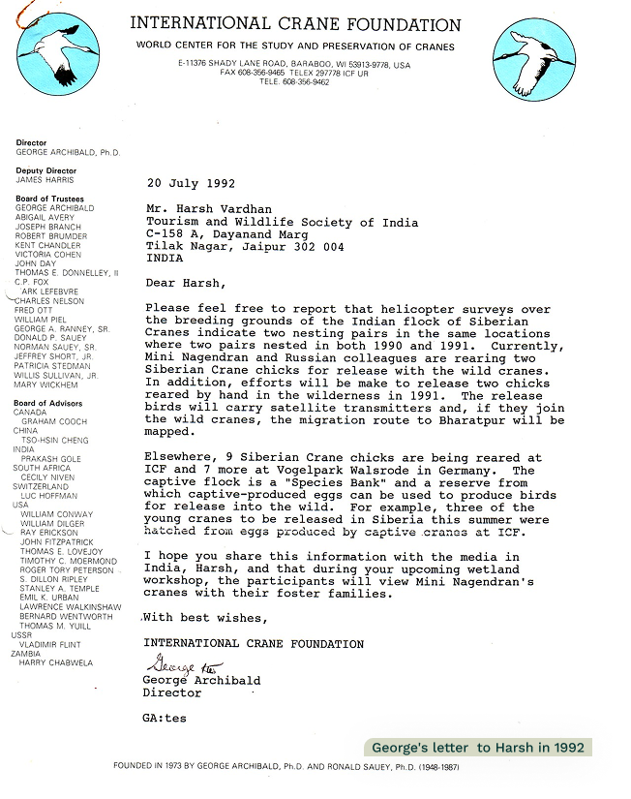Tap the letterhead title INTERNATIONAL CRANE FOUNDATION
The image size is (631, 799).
294,25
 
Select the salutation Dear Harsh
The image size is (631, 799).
184,283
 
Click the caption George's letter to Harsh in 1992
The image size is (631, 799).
478,748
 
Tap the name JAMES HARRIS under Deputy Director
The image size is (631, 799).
45,180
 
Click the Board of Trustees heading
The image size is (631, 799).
49,199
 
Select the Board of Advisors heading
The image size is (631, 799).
47,403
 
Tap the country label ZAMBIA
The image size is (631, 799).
27,654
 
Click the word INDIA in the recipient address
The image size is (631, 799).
165,259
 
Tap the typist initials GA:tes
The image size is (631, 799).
164,719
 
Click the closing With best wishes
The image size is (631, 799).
205,618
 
